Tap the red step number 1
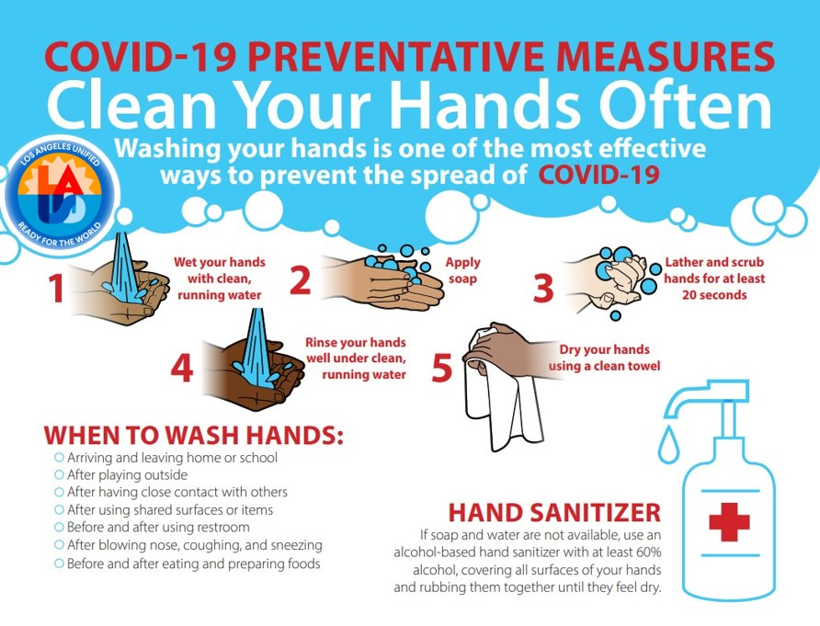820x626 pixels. click(x=56, y=288)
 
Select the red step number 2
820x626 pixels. click(x=300, y=279)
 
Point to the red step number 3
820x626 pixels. click(x=542, y=288)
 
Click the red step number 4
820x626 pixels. click(x=182, y=369)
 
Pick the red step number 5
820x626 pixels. click(x=441, y=368)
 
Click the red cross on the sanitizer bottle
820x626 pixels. click(x=729, y=522)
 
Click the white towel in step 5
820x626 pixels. click(x=502, y=397)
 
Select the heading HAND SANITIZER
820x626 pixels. click(x=554, y=513)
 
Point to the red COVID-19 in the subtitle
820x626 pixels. click(x=599, y=175)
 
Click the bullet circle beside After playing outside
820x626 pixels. click(x=59, y=475)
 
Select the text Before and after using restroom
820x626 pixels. click(x=158, y=527)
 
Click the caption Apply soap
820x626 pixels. click(x=462, y=270)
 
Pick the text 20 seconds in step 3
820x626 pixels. click(x=714, y=295)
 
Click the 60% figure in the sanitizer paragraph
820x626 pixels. click(x=649, y=552)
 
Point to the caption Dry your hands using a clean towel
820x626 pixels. click(x=605, y=358)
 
